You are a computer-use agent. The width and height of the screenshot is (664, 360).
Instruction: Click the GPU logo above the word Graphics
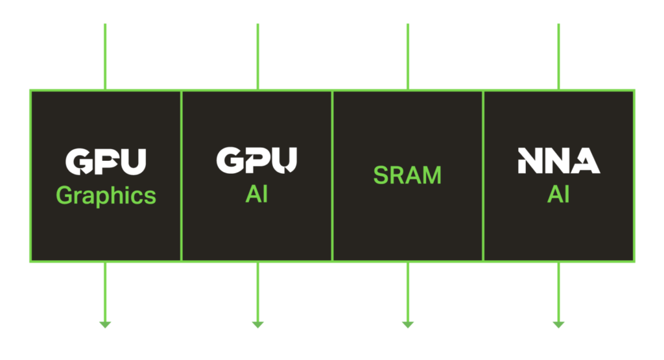click(106, 162)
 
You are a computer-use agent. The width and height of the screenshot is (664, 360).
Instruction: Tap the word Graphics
click(106, 195)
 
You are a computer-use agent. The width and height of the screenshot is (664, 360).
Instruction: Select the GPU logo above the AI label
click(257, 160)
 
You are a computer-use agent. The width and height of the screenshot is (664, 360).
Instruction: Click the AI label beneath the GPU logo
click(257, 194)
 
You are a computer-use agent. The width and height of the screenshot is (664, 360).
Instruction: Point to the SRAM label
click(407, 175)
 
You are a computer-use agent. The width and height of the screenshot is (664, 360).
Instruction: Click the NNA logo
click(558, 160)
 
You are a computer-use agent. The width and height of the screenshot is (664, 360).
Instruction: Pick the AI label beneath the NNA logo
click(558, 194)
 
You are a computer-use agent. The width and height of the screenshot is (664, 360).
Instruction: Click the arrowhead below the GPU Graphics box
click(105, 324)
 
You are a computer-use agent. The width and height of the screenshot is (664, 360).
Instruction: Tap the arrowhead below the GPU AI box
click(257, 324)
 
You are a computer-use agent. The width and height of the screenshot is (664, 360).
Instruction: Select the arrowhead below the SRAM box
click(408, 324)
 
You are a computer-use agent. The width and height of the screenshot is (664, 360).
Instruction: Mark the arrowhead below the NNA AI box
click(558, 324)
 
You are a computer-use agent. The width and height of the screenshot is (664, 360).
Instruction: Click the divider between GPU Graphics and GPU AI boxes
click(181, 175)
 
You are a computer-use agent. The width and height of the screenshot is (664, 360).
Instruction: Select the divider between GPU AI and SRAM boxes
click(332, 175)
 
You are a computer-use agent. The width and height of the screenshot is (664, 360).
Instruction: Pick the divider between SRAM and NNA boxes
click(483, 175)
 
